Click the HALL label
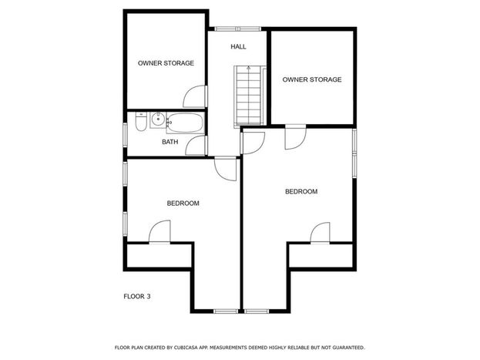[x=238, y=47]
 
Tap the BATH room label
[x=170, y=142]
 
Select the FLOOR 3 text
[x=137, y=296]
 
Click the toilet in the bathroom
[x=141, y=122]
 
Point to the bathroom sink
[x=158, y=120]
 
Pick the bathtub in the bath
[x=185, y=123]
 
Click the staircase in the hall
[x=249, y=96]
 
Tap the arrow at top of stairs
[x=249, y=68]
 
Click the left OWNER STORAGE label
[x=166, y=63]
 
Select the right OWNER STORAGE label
[x=311, y=79]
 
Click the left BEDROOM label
[x=183, y=204]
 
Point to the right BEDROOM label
[x=301, y=191]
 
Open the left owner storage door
[x=196, y=96]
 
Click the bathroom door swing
[x=197, y=145]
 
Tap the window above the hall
[x=237, y=29]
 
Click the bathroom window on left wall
[x=125, y=134]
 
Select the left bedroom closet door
[x=159, y=231]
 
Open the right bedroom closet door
[x=321, y=233]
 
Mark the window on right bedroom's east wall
[x=354, y=153]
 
